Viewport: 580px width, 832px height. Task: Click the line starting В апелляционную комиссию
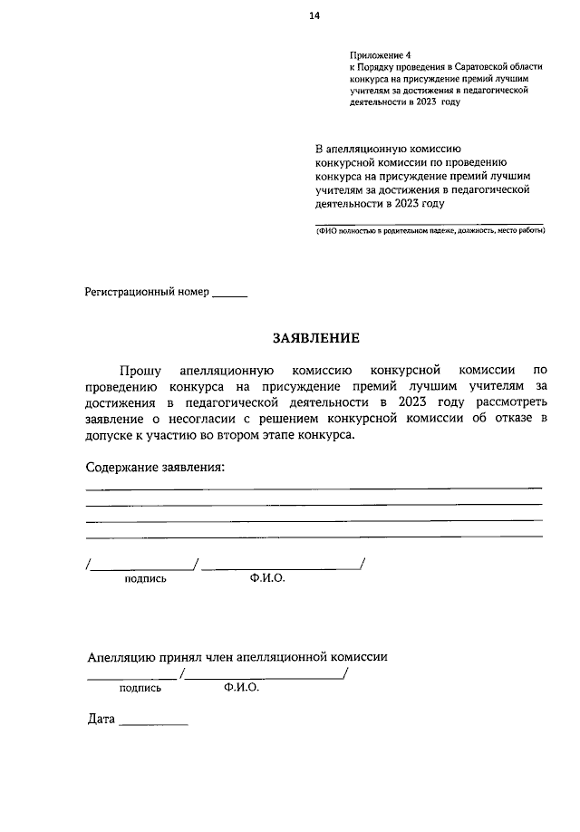389,148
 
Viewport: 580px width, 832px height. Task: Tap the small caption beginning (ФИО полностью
430,230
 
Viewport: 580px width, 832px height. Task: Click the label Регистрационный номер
147,293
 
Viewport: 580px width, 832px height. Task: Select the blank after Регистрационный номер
229,295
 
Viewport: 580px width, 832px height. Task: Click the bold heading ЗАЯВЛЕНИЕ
316,338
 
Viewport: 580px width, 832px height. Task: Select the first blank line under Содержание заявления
314,489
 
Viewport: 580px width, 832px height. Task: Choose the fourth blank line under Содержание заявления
314,537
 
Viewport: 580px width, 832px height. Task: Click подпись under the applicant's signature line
145,578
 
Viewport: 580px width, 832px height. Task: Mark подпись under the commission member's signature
140,688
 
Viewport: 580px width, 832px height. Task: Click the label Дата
101,720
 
